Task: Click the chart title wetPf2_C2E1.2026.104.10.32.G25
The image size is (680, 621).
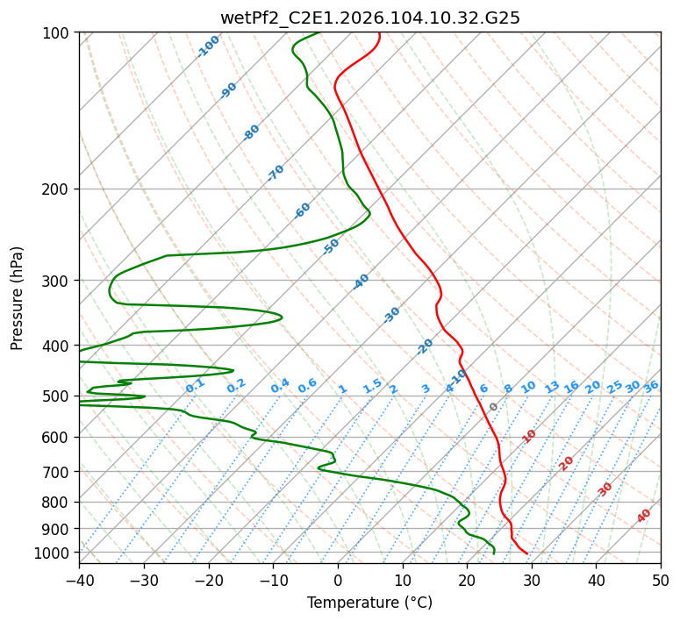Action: tap(369, 18)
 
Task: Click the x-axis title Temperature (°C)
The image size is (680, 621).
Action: tap(369, 603)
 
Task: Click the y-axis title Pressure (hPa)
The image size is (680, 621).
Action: tap(18, 298)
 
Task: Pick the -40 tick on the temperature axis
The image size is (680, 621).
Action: tap(79, 581)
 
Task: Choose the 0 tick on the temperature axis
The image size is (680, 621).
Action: tap(338, 581)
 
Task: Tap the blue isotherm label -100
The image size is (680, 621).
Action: tap(208, 46)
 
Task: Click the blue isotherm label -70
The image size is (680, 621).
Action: tap(276, 173)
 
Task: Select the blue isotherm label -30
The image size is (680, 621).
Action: tap(391, 314)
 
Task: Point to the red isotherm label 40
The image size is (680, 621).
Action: tap(644, 516)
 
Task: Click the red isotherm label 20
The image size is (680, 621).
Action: tap(567, 462)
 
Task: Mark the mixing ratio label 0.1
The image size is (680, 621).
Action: tap(195, 385)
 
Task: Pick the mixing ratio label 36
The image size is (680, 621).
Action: tap(651, 386)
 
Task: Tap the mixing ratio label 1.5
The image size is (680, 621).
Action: tap(372, 385)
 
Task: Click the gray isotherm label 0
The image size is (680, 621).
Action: tap(494, 407)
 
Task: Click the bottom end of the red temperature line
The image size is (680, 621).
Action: tap(527, 553)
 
